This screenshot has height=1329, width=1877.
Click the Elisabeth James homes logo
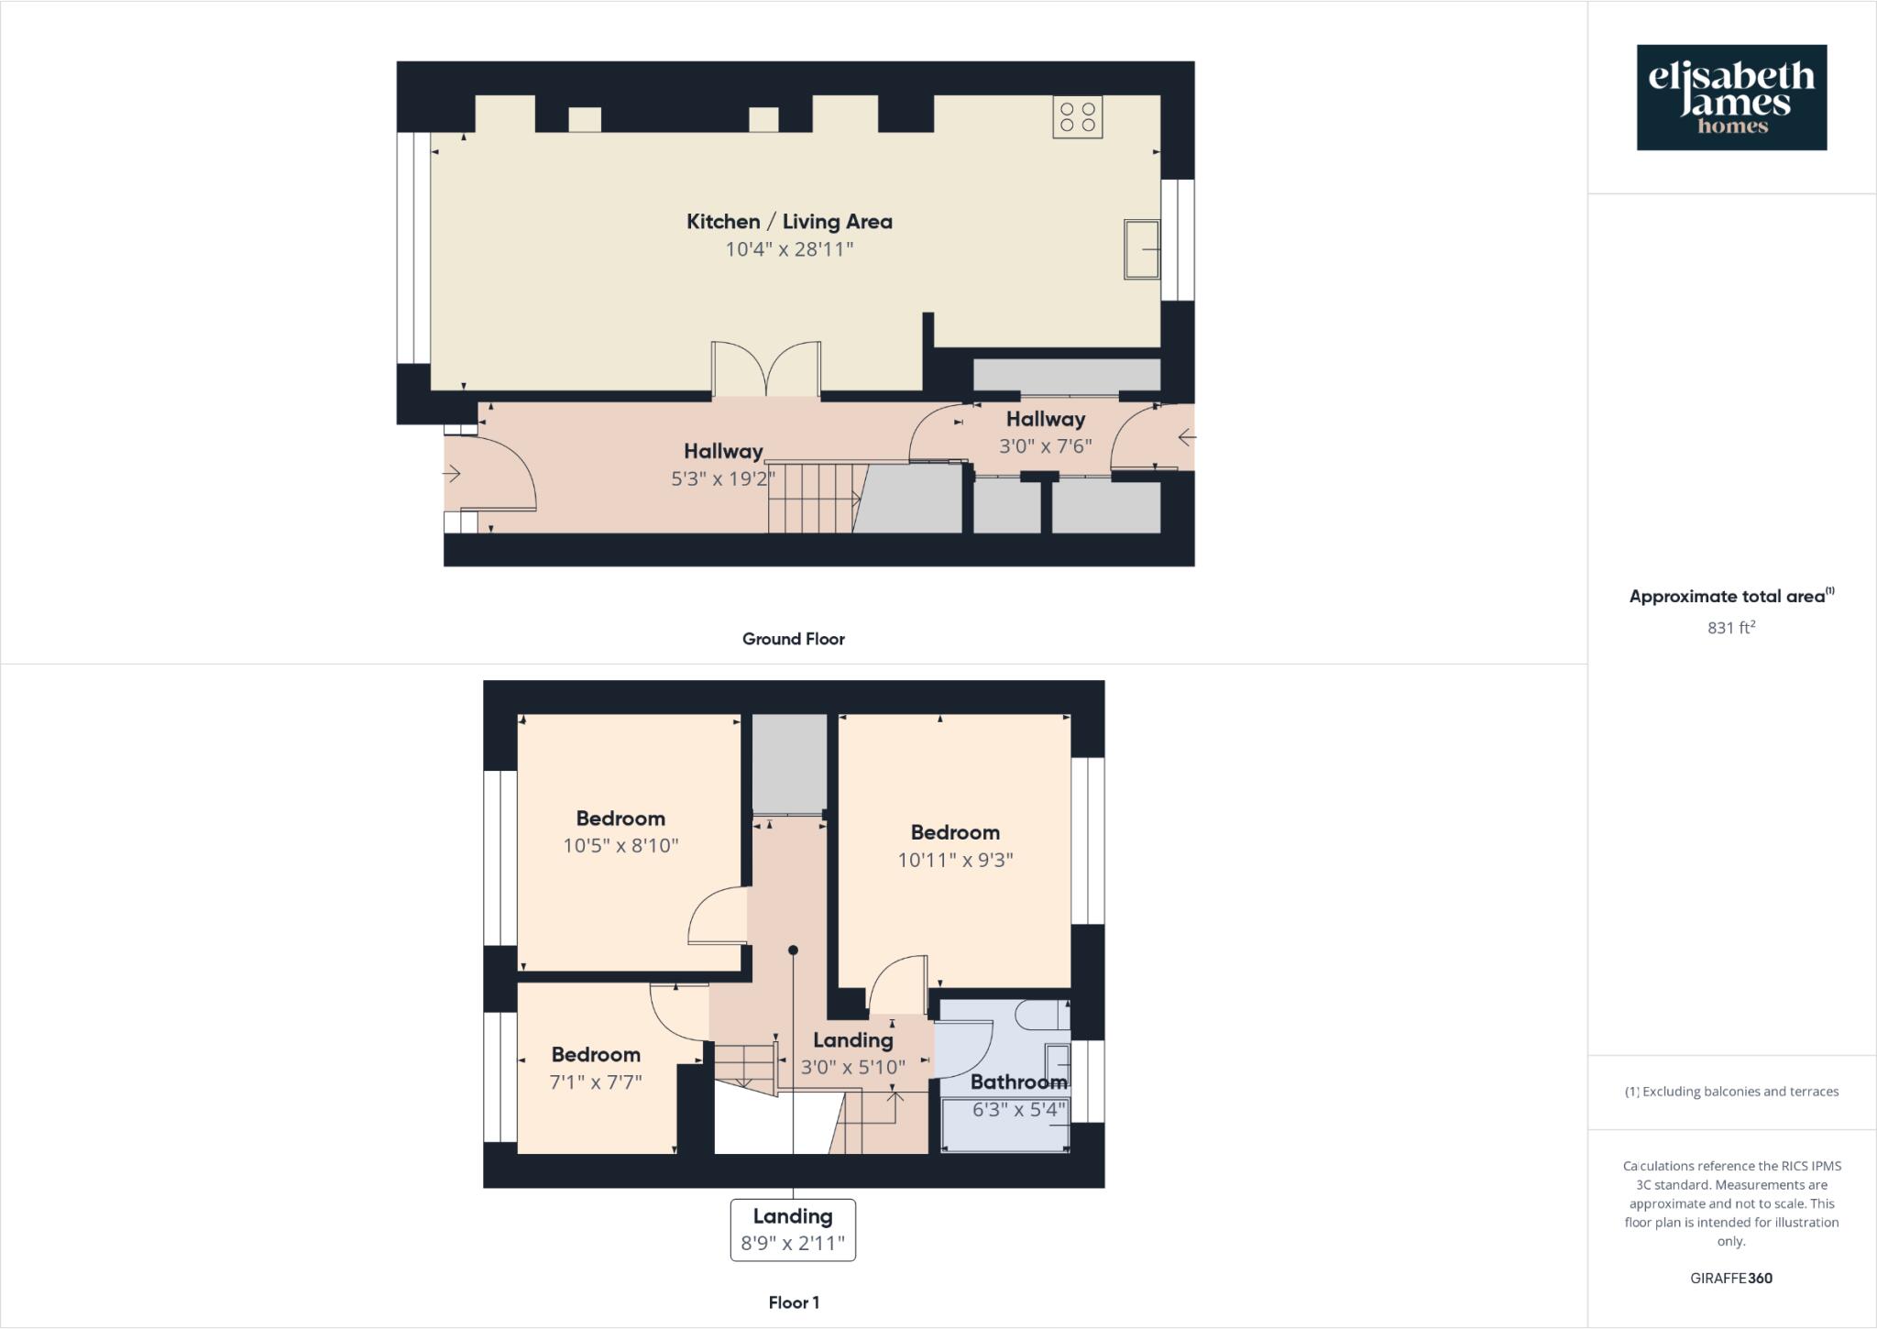(1731, 97)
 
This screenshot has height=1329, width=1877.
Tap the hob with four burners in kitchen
(1078, 117)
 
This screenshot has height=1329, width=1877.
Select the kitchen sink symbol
(1141, 248)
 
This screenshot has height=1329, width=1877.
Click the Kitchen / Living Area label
(789, 222)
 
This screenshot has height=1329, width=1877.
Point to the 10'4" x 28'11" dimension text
(789, 249)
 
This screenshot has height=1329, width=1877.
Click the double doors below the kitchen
(766, 369)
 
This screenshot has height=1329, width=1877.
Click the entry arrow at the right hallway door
(1186, 437)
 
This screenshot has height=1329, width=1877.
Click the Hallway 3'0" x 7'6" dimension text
(1045, 446)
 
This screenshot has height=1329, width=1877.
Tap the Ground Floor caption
(793, 639)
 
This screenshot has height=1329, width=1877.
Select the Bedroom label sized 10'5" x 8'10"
(620, 818)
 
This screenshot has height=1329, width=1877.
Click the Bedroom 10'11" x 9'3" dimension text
(955, 860)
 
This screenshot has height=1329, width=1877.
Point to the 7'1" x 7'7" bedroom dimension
(596, 1082)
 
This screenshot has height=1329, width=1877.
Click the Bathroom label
(1017, 1082)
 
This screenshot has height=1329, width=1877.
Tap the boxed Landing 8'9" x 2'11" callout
(793, 1230)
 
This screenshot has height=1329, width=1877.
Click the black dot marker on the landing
(793, 950)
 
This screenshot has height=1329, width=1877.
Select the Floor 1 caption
(794, 1302)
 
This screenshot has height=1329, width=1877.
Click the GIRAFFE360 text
(1730, 1279)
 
